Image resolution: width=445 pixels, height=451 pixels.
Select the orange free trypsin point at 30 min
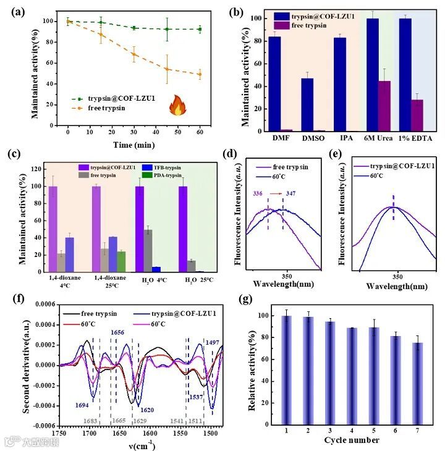coord(133,54)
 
